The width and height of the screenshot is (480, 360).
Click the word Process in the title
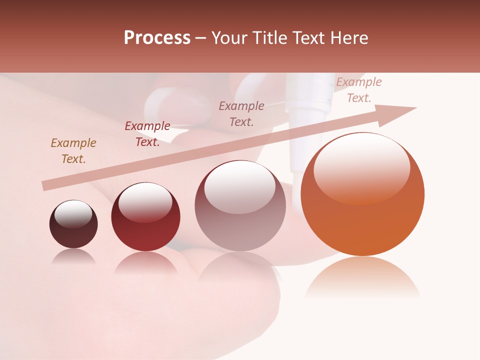(157, 38)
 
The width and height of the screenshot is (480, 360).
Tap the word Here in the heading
(348, 38)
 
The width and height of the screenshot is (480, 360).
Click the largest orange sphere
(362, 200)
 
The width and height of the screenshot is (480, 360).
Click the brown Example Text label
(73, 151)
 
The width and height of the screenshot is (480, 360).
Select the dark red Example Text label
(147, 134)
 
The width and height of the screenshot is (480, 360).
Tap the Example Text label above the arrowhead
(359, 90)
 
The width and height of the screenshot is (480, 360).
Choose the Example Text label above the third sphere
(241, 113)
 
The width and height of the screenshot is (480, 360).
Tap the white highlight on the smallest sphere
(73, 214)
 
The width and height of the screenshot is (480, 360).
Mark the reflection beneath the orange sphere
(362, 277)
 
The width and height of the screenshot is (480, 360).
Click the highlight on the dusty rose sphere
(240, 187)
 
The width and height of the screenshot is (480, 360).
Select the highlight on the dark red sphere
(145, 202)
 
